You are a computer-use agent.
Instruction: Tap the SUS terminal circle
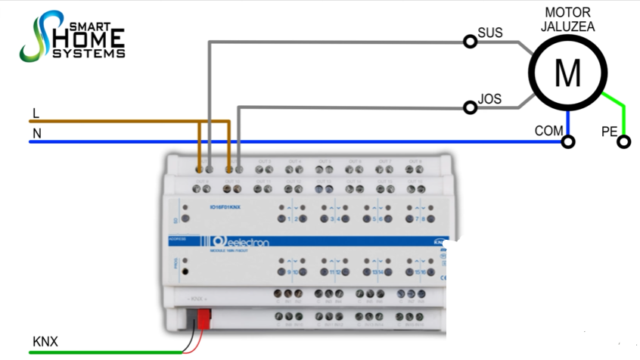pos(471,42)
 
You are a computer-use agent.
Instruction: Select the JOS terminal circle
pos(471,107)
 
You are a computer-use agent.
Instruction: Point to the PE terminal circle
pos(623,141)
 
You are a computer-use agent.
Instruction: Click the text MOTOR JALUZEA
pos(569,20)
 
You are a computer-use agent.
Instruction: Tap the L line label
pos(36,113)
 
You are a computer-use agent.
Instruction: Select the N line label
pos(36,134)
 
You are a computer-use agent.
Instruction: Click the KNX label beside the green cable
pos(45,342)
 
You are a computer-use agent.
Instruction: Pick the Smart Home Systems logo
pos(73,36)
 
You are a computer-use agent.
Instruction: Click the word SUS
pos(490,33)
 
